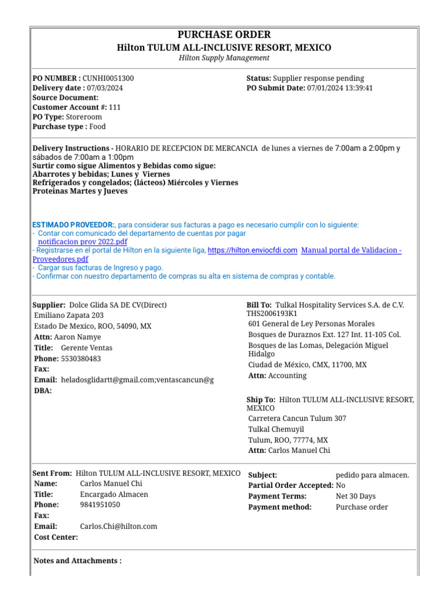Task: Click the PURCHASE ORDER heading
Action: click(x=224, y=35)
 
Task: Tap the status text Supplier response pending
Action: click(x=318, y=78)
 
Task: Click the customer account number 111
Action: click(x=115, y=107)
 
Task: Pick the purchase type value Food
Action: click(x=98, y=127)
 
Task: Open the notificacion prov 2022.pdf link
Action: click(x=83, y=242)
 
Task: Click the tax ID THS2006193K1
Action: click(x=272, y=314)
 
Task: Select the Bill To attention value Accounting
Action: click(x=287, y=376)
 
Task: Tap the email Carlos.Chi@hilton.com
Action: click(x=118, y=526)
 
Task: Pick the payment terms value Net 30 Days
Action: click(x=356, y=497)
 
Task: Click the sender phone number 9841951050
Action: click(x=100, y=505)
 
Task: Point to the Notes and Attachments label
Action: click(x=78, y=561)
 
